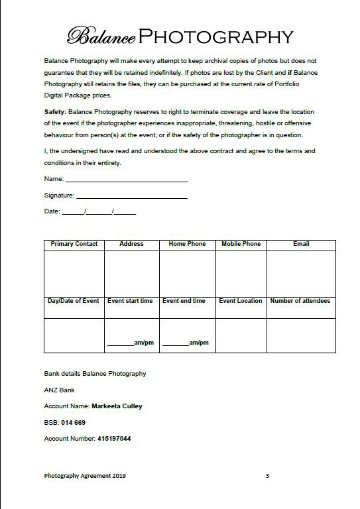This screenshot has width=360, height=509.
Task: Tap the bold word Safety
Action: (54, 111)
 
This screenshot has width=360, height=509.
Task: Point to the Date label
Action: (52, 211)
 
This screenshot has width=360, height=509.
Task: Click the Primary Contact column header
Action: (74, 244)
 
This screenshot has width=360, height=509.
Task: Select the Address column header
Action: (131, 244)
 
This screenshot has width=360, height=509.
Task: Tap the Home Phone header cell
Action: (187, 244)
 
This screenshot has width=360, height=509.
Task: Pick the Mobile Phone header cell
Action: (241, 244)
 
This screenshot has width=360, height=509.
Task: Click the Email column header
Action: (301, 244)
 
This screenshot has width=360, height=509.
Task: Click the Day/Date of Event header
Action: (74, 301)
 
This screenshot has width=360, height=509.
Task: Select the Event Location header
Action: (241, 301)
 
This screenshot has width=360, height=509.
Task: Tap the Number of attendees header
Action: (300, 301)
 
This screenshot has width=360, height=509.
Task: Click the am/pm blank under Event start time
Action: (121, 343)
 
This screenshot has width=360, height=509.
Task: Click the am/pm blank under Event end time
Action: (176, 343)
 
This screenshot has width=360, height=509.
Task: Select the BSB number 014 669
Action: (74, 422)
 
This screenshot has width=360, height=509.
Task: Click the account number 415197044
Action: (114, 438)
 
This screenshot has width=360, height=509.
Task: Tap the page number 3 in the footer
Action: (267, 475)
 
